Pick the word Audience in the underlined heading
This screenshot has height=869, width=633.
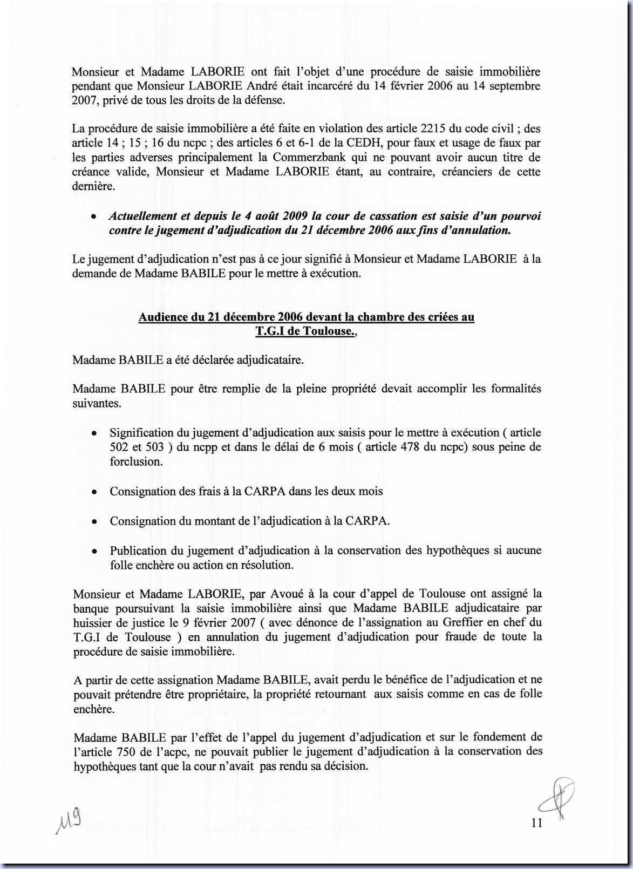tap(163, 317)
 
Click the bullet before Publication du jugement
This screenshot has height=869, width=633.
tap(94, 552)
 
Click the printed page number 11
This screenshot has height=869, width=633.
tap(536, 823)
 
